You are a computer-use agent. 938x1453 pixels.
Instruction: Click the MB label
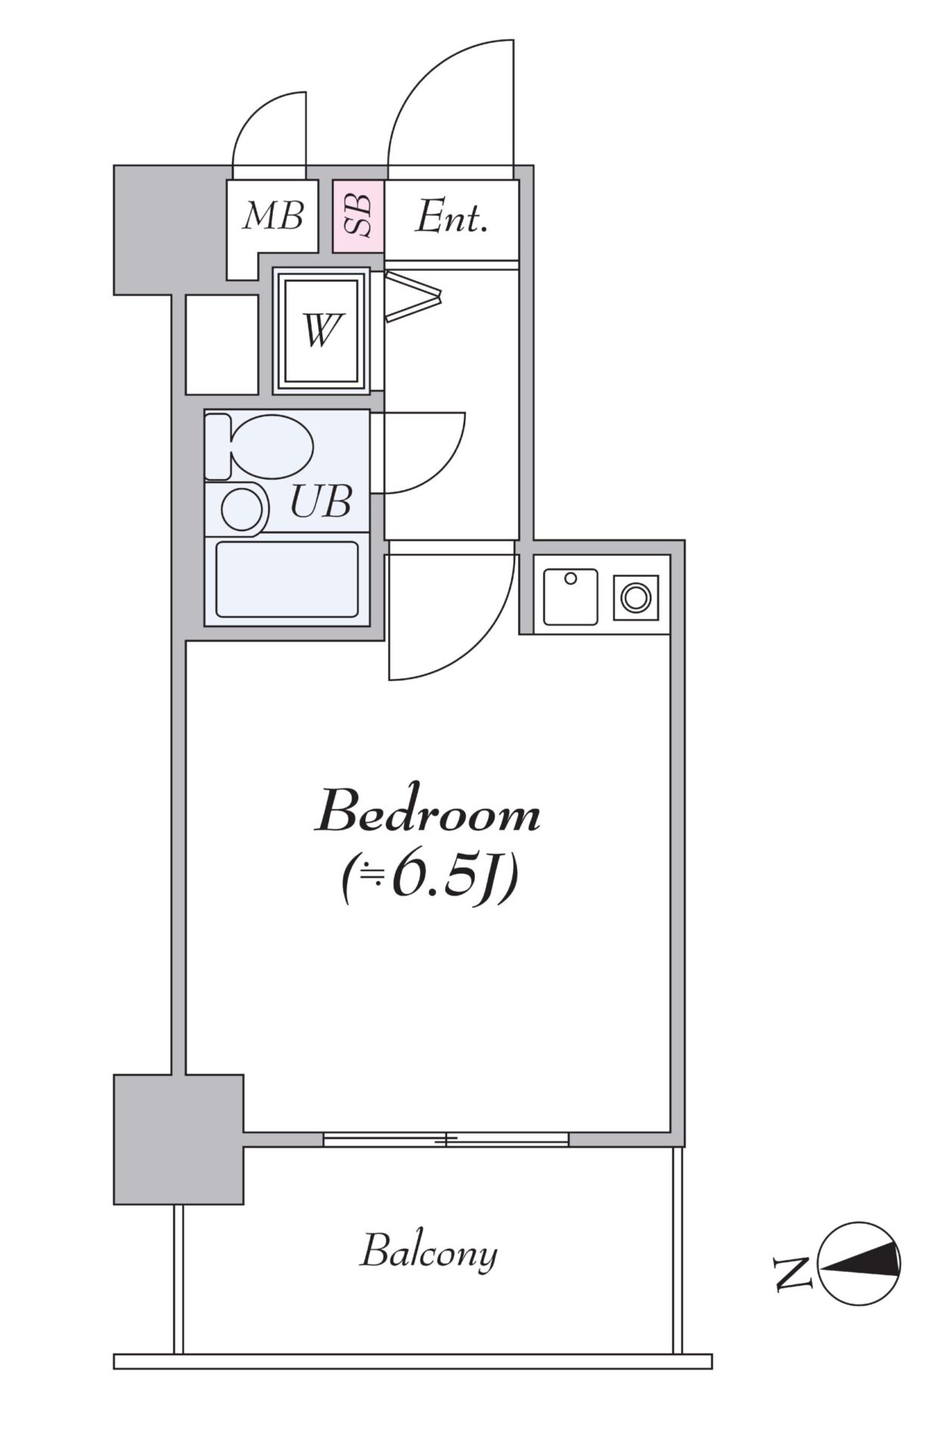click(x=273, y=216)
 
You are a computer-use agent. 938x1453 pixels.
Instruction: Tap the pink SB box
click(x=359, y=216)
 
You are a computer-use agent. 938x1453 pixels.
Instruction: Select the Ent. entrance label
click(x=451, y=218)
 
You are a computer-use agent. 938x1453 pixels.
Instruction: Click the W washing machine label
click(x=321, y=331)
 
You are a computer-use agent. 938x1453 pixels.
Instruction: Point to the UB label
click(x=321, y=500)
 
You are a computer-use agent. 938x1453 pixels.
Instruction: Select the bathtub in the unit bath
click(x=287, y=580)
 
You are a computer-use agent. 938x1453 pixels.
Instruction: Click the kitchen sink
click(x=570, y=596)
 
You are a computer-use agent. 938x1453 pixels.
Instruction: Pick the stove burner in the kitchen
click(x=635, y=598)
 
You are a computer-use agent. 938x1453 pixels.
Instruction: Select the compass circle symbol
click(x=860, y=1264)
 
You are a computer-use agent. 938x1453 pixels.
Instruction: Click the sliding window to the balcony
click(x=446, y=1139)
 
